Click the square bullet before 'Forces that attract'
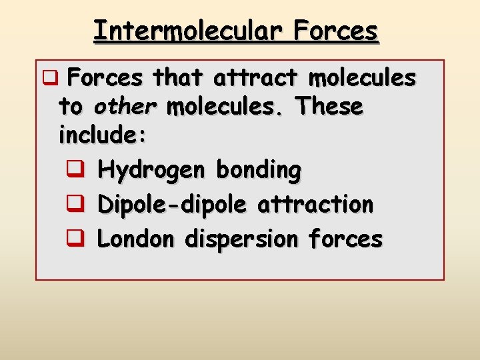[x=48, y=79]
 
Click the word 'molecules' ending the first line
[x=362, y=79]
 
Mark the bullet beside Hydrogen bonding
[x=75, y=171]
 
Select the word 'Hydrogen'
[x=153, y=171]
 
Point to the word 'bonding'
[x=259, y=171]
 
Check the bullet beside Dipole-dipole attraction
[x=75, y=204]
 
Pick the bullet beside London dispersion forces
[x=75, y=238]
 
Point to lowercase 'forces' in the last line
[x=347, y=238]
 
